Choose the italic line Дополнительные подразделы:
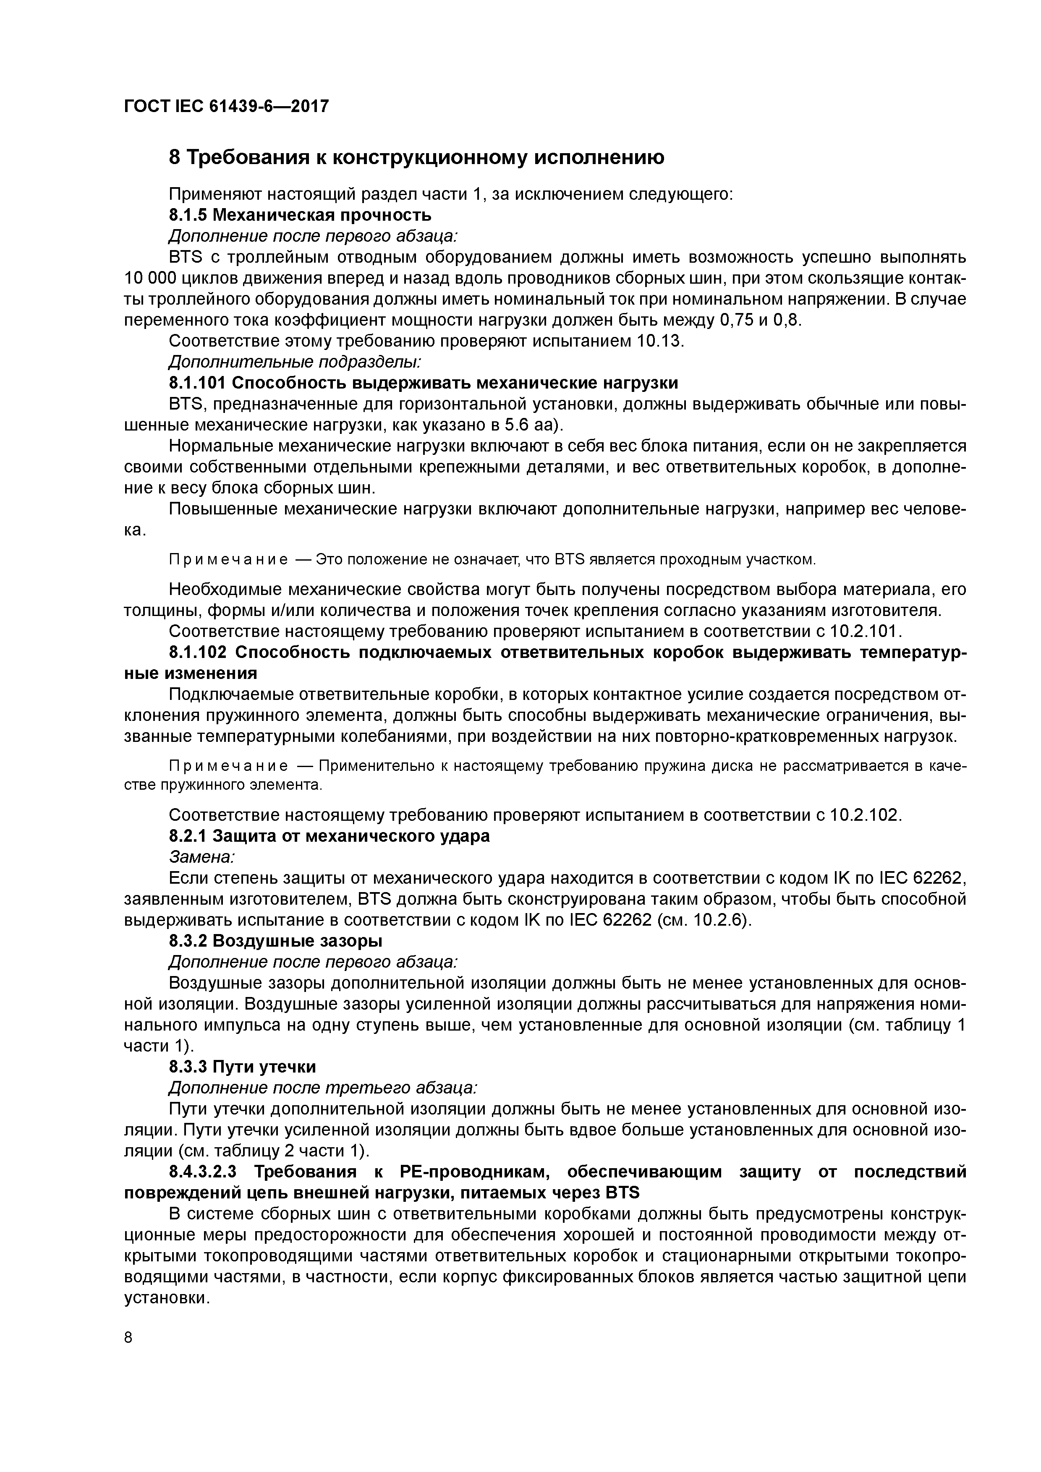[x=294, y=362]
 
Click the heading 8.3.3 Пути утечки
[x=243, y=1067]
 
